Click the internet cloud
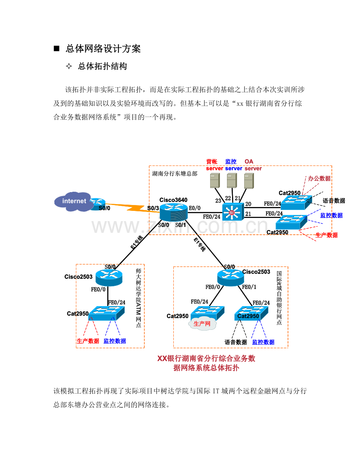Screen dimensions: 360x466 click(73, 202)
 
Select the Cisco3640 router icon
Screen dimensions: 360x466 click(173, 212)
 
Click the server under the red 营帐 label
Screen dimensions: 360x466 click(215, 180)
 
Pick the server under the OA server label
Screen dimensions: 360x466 click(249, 181)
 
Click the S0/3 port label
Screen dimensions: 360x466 click(153, 208)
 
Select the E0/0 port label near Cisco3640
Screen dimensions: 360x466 click(195, 208)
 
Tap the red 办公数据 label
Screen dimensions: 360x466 click(319, 178)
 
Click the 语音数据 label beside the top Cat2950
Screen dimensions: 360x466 click(334, 201)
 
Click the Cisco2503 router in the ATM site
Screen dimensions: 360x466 click(109, 277)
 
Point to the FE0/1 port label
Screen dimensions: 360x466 click(249, 287)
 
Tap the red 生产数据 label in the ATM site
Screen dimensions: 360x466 click(88, 341)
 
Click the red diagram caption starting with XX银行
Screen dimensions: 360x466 click(206, 363)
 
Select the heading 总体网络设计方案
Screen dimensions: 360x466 click(103, 49)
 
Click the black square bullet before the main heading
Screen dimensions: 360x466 click(56, 49)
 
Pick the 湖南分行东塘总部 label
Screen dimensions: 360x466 click(175, 174)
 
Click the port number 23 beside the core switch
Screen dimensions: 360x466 click(218, 201)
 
